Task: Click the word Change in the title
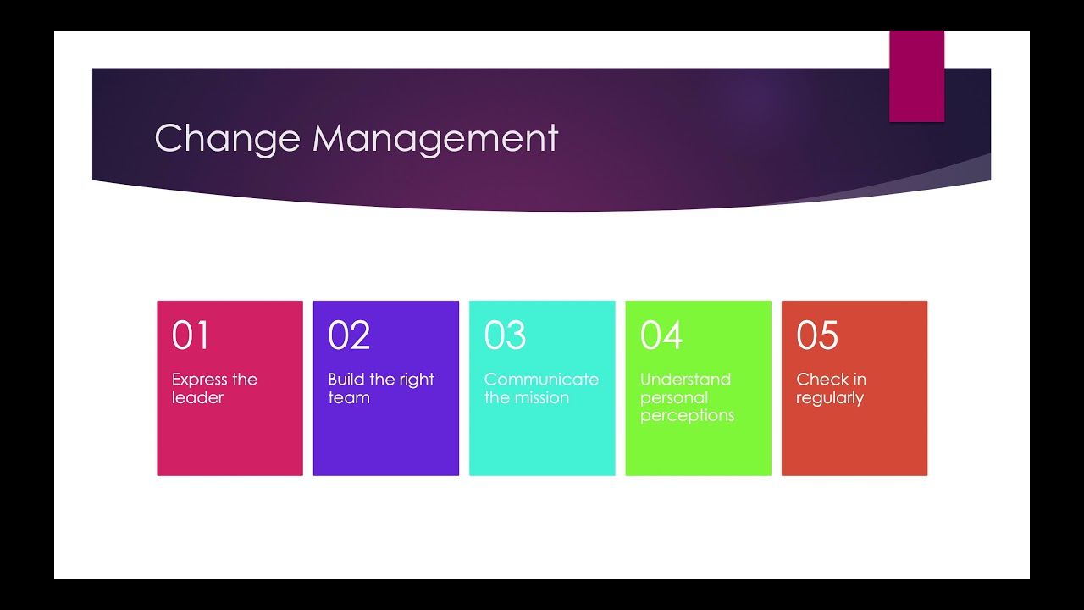227,138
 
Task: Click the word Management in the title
435,138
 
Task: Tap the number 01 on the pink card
191,335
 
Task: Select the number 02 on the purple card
349,335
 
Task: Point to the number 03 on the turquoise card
505,335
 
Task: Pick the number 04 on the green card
661,335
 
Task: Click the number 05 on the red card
817,335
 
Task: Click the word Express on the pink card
200,380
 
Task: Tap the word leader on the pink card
197,397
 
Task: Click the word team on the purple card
348,397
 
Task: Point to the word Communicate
541,380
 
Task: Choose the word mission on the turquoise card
540,397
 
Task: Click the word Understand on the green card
685,380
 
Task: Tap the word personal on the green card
674,397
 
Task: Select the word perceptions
687,415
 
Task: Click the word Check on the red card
819,380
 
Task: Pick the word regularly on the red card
830,397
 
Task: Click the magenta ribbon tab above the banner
916,76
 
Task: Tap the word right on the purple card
417,380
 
